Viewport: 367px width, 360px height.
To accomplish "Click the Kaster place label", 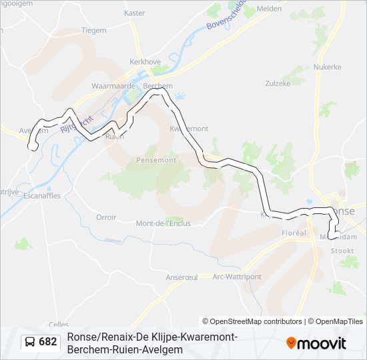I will (134, 13).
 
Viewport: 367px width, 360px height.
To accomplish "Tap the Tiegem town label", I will (93, 31).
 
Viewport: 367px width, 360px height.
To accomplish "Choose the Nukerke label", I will (328, 67).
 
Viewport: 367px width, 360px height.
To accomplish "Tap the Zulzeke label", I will (278, 84).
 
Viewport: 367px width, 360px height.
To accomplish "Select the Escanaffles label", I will (41, 197).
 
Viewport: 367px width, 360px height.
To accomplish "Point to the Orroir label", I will (106, 217).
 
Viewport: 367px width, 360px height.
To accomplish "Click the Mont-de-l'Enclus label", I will (162, 223).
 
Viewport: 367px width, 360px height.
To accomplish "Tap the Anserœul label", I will (181, 277).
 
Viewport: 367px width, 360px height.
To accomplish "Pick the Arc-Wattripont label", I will (237, 277).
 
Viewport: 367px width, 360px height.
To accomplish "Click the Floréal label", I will (294, 233).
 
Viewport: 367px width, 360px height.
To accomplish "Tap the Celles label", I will (59, 324).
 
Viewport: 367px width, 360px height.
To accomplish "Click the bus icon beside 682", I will (31, 342).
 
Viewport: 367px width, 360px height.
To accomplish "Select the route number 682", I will (48, 342).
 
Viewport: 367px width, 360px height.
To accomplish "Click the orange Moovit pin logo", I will (291, 343).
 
